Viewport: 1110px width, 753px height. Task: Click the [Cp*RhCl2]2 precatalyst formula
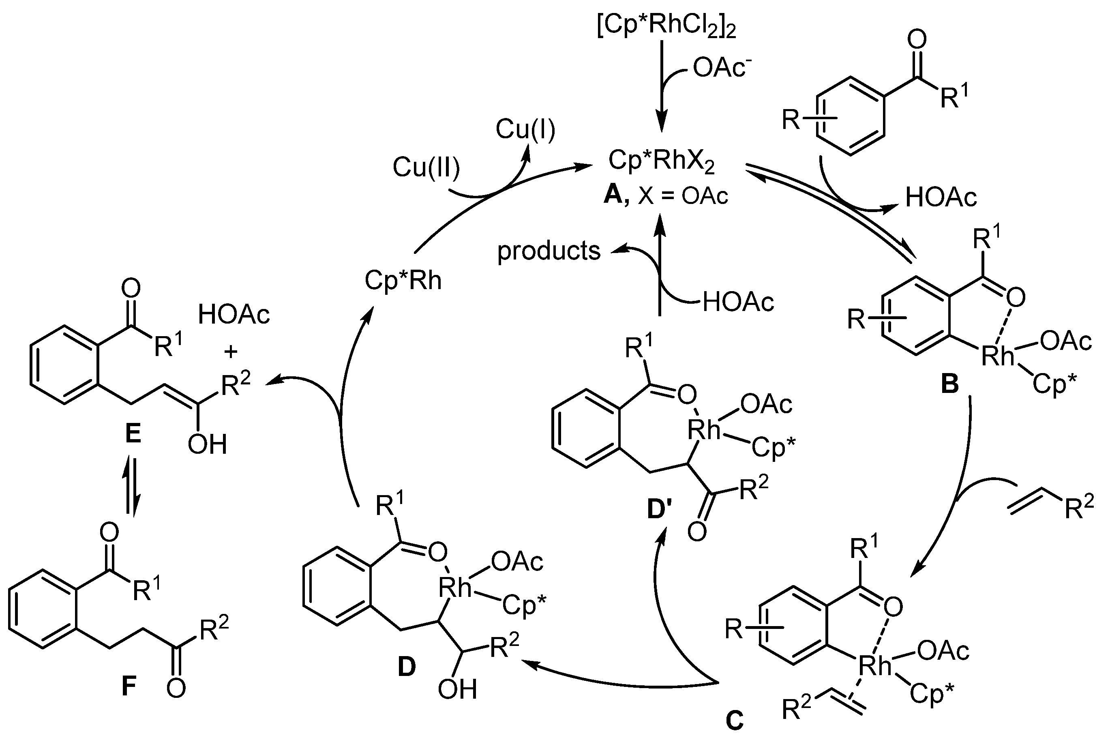coord(666,28)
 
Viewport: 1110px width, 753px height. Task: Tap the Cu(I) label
coord(525,129)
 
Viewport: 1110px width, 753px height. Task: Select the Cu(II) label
coord(426,168)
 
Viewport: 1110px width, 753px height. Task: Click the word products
coord(549,251)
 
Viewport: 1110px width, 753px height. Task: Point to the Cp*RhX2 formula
coord(662,161)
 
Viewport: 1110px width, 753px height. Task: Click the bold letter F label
coord(129,687)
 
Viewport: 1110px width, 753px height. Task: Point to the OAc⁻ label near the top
coord(719,68)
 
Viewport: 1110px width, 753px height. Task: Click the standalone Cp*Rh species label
coord(403,281)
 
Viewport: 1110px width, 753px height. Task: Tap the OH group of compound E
coord(207,445)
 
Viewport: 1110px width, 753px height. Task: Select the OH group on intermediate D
coord(457,689)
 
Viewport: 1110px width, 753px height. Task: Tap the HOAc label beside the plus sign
coord(234,315)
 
